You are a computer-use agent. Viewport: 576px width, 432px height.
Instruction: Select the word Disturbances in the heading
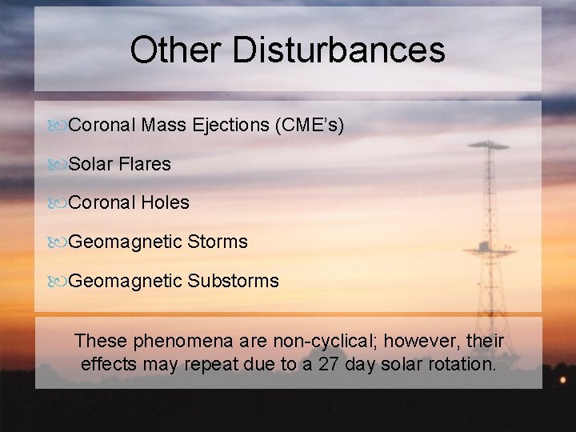pos(339,50)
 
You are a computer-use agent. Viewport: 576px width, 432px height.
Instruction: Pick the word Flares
pos(146,164)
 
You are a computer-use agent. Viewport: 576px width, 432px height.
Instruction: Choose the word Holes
pos(165,202)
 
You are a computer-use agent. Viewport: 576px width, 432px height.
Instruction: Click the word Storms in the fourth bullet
pos(217,242)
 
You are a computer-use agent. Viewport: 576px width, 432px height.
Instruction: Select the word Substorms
pos(233,281)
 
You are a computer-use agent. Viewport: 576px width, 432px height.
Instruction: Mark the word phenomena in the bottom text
pos(175,342)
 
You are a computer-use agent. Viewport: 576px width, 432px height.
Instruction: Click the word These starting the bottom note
pos(101,342)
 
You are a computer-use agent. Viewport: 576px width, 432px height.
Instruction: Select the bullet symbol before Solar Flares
pos(58,165)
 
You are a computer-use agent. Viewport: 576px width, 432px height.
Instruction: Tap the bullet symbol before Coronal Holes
pos(58,203)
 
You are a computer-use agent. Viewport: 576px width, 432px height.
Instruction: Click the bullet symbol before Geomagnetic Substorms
pos(58,282)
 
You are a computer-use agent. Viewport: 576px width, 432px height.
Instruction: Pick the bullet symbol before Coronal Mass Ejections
pos(58,126)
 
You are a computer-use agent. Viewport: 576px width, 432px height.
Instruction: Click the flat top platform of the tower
pos(489,146)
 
